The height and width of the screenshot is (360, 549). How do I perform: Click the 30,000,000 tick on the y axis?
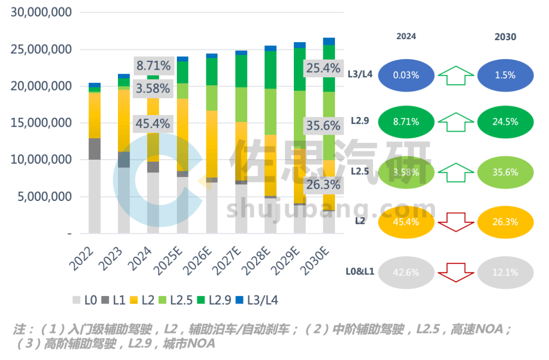[x=41, y=13]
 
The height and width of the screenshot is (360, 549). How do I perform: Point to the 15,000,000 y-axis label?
[x=41, y=123]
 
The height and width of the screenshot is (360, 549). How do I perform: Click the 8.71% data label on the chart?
[x=152, y=66]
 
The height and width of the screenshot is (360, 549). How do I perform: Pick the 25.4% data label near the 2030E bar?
[x=323, y=68]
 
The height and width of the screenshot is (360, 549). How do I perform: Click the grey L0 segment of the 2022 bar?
[x=95, y=196]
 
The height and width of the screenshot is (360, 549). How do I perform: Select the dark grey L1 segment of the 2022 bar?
[x=95, y=149]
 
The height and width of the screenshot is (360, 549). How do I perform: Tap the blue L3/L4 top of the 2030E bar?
[x=329, y=41]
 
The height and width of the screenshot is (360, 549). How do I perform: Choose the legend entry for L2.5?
[x=173, y=300]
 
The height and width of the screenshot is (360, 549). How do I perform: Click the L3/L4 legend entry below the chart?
[x=256, y=300]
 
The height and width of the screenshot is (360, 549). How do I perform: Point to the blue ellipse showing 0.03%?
[x=406, y=75]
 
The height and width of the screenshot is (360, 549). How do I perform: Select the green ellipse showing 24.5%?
[x=505, y=122]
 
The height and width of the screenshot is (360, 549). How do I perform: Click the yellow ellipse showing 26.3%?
[x=505, y=222]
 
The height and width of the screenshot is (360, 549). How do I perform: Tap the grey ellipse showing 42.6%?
[x=406, y=272]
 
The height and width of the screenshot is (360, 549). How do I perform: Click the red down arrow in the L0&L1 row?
[x=456, y=272]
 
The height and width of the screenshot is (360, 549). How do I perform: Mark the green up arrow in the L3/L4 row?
[x=456, y=75]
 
